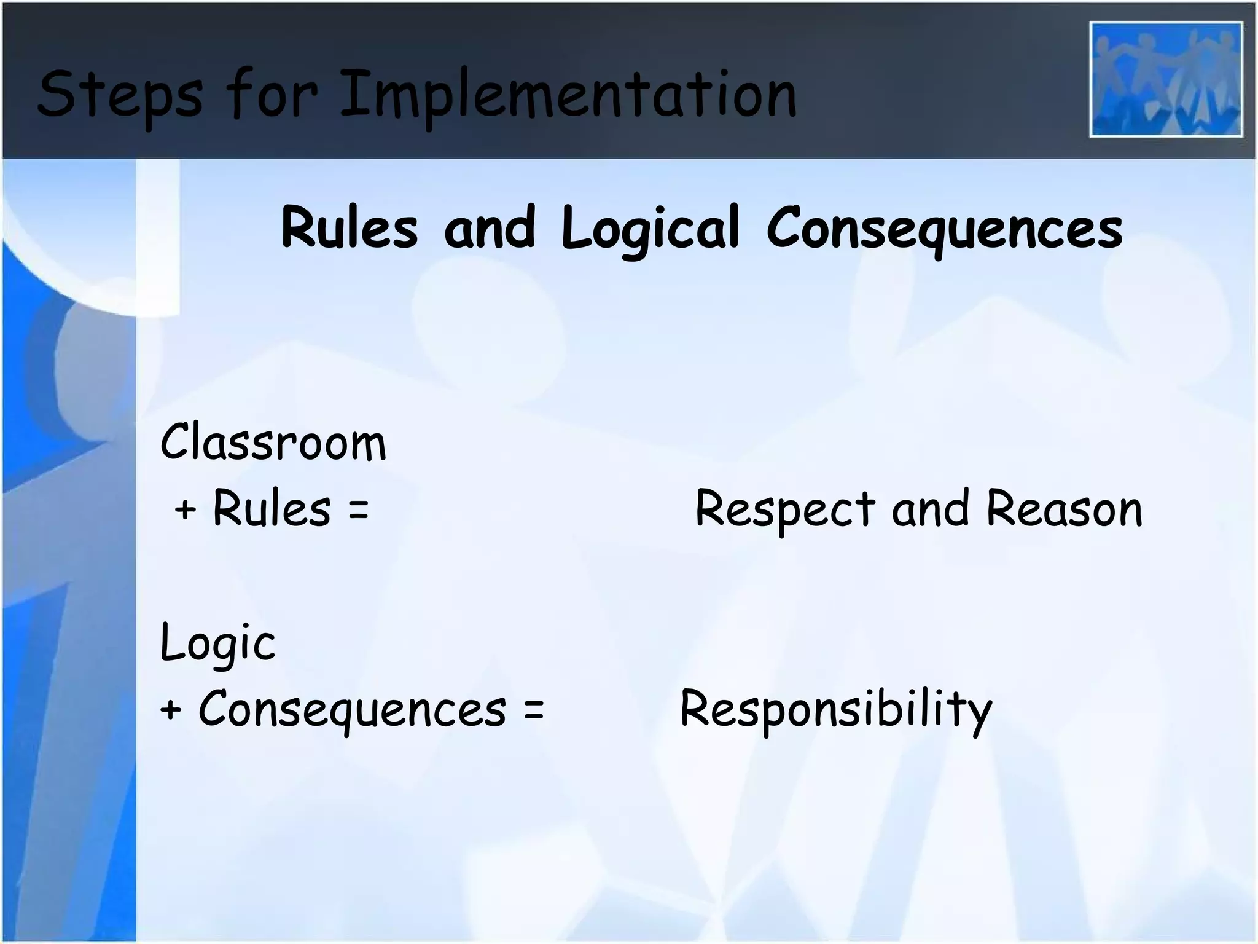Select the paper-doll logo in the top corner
pos(1166,79)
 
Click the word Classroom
pos(273,442)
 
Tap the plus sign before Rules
pos(185,509)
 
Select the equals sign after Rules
pos(358,509)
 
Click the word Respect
pos(784,509)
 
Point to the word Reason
pos(1064,509)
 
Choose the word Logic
pos(217,643)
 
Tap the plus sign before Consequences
pos(171,709)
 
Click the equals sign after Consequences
pos(534,709)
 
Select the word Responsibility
pos(836,709)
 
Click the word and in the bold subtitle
pos(490,227)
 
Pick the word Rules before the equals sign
pos(272,509)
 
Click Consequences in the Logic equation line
pos(352,709)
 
